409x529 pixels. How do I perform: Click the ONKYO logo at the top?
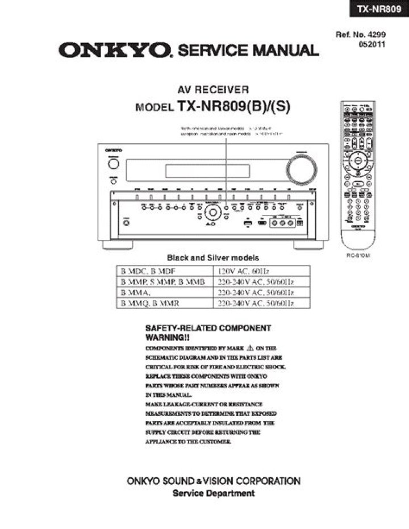[x=114, y=51]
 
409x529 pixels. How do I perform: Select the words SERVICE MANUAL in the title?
[x=248, y=51]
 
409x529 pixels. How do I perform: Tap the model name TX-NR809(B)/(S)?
[x=233, y=106]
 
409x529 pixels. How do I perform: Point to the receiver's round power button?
[x=114, y=165]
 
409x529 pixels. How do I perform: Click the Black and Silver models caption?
[x=212, y=257]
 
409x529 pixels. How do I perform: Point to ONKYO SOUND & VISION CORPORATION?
[x=213, y=481]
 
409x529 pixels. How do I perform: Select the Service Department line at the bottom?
[x=213, y=493]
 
